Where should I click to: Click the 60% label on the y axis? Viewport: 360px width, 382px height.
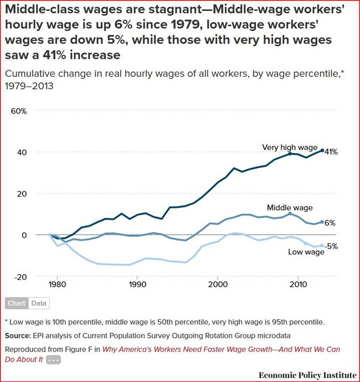coord(18,111)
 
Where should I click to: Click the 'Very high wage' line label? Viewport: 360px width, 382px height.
coord(290,147)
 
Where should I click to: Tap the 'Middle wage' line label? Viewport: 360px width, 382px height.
coord(290,207)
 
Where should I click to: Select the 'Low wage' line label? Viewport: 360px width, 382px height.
coord(306,252)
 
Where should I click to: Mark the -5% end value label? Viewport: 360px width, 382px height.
coord(332,246)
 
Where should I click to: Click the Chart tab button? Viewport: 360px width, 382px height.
coord(16,303)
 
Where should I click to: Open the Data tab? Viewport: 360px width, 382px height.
coord(38,303)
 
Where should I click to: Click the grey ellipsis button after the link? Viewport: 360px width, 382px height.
coord(53,360)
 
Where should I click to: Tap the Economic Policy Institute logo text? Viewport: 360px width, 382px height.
coord(307,375)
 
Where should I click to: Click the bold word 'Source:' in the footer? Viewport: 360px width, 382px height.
coord(18,335)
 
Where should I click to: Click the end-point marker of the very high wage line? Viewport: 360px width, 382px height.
coord(322,150)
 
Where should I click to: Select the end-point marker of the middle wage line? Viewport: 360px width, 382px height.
coord(322,222)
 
